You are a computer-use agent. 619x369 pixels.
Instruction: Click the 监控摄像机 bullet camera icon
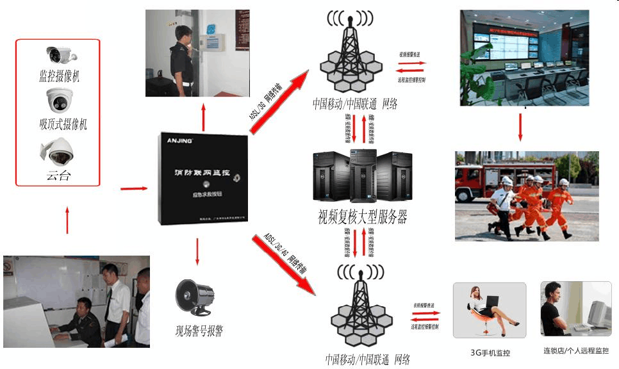pyautogui.click(x=60, y=55)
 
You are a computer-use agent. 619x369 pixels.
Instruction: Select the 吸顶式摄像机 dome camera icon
pyautogui.click(x=59, y=100)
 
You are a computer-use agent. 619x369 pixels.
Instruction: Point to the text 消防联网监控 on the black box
pyautogui.click(x=202, y=174)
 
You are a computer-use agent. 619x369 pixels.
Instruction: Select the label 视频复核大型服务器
pyautogui.click(x=362, y=217)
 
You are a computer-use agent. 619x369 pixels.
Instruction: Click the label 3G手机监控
pyautogui.click(x=490, y=352)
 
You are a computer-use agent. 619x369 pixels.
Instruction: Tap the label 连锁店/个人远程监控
pyautogui.click(x=576, y=352)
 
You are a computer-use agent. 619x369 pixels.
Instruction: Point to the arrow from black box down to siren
pyautogui.click(x=197, y=252)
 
